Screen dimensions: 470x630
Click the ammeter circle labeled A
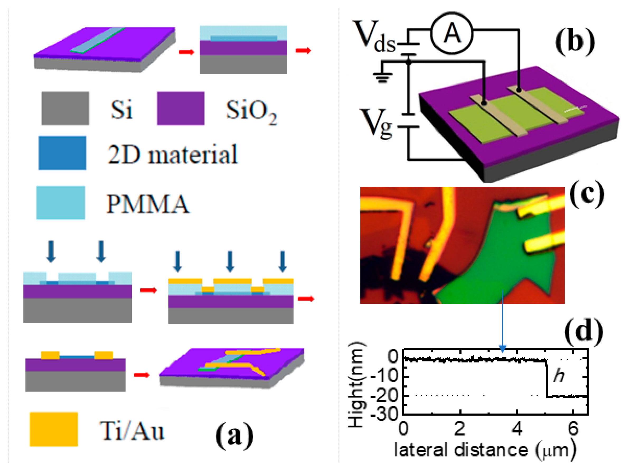[451, 34]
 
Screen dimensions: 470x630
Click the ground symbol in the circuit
[383, 77]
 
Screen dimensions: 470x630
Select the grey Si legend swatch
[65, 108]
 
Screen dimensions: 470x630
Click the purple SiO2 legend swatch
[181, 108]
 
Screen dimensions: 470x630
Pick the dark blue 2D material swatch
[62, 153]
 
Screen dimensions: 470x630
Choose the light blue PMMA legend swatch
[60, 203]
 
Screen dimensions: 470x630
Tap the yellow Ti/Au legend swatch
[54, 429]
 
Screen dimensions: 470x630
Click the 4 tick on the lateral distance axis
[517, 429]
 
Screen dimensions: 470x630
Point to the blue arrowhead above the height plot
[503, 348]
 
